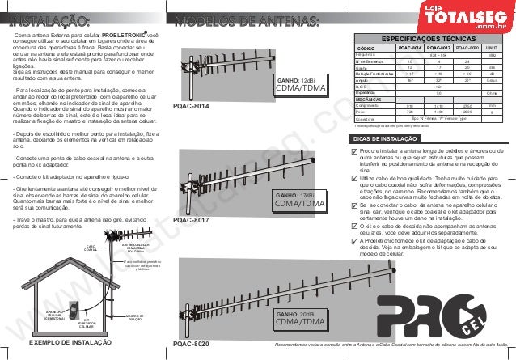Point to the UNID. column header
point(490,48)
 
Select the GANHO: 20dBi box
point(299,317)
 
